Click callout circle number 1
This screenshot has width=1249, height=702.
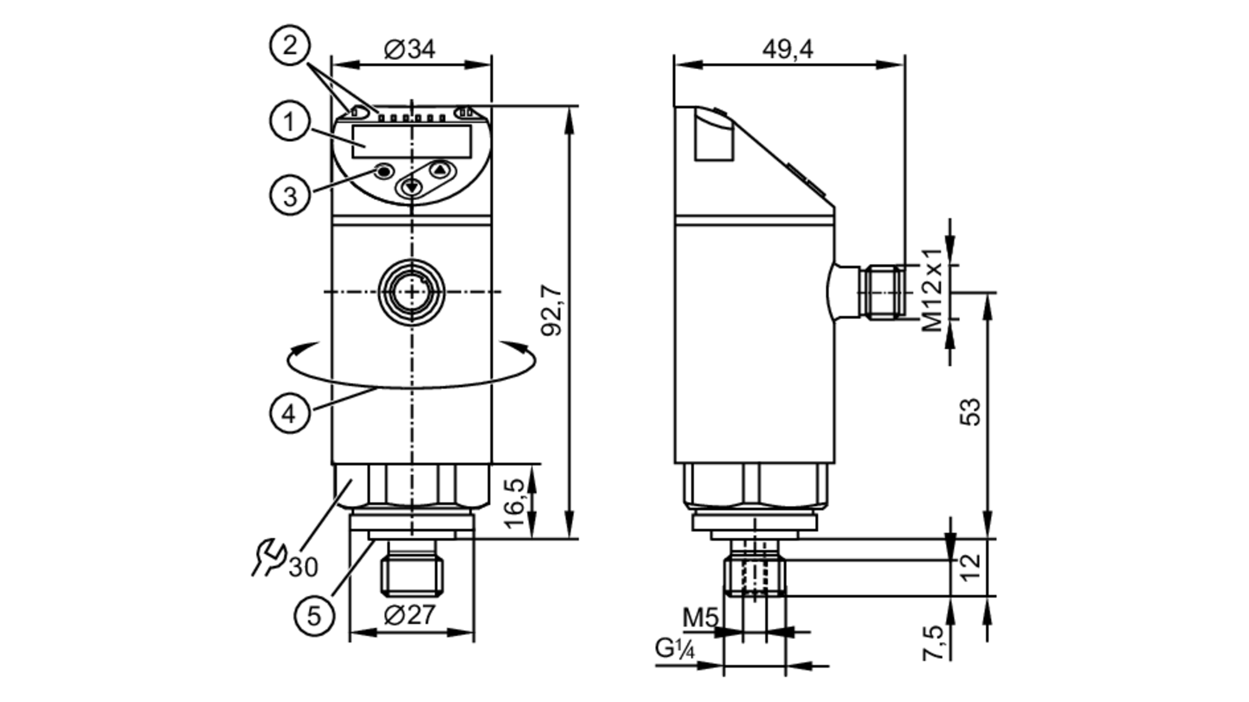289,121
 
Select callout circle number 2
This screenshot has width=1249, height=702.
289,45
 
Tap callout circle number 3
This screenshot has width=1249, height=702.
289,195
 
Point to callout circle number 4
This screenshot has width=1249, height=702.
289,413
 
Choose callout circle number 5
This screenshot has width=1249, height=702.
314,616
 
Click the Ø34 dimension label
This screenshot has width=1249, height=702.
410,49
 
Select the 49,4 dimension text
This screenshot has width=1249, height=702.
787,49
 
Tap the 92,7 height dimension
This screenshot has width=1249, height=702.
552,310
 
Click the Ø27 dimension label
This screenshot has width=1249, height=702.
410,615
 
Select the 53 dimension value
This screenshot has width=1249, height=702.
970,412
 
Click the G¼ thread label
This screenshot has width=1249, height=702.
674,648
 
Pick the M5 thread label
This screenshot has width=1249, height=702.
700,618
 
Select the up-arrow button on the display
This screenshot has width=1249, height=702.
440,169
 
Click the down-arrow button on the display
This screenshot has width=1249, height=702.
411,187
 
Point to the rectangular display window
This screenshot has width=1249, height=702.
412,141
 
